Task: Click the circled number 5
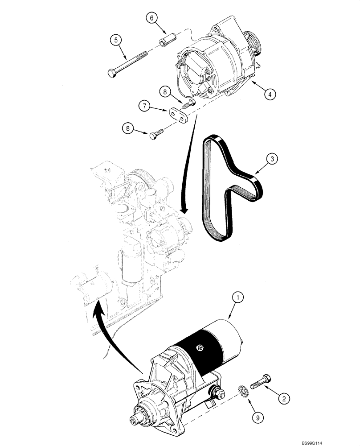tap(116, 41)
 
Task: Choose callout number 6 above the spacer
tap(151, 18)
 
